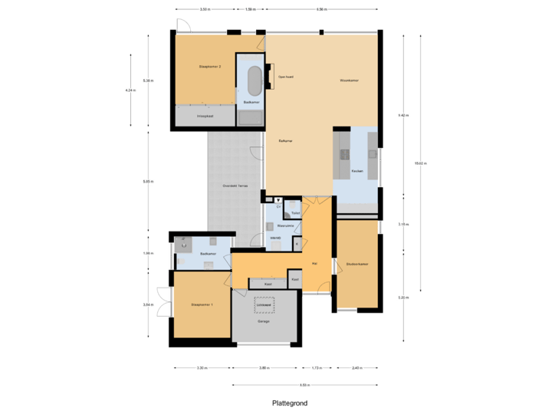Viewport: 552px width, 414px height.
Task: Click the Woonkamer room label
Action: tap(350, 80)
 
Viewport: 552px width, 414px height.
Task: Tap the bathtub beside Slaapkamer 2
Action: tap(253, 79)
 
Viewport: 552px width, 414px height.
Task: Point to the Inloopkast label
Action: tap(205, 116)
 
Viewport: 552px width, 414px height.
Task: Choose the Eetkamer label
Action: tap(287, 141)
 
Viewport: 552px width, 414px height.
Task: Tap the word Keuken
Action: tap(356, 170)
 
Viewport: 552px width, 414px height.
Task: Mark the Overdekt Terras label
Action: tap(235, 186)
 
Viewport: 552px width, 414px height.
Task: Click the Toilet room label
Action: tap(295, 212)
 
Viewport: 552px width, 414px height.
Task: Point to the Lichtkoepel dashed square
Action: tap(266, 304)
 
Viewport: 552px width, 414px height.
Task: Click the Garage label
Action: tap(264, 321)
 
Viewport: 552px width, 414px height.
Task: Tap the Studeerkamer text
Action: tap(357, 264)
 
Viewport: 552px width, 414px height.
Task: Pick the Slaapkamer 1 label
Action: tap(202, 305)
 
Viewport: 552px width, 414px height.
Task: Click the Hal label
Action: tap(314, 264)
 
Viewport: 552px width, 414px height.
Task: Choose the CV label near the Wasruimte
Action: tap(278, 207)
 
